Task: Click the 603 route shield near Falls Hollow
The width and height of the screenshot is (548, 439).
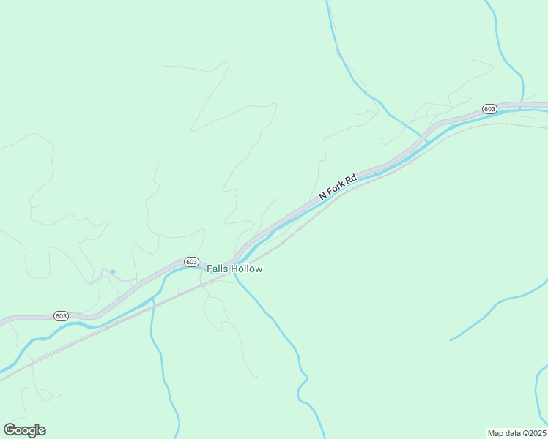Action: coord(190,262)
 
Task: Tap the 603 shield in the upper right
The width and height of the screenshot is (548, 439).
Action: coord(490,109)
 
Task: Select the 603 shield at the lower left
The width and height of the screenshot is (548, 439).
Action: coord(61,316)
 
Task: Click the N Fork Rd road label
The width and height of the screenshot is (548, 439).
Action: coord(338,187)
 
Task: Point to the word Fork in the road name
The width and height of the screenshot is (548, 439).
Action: coord(336,188)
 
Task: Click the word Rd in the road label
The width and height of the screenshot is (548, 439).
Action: coord(351,178)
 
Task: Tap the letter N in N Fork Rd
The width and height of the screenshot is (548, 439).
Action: coord(322,198)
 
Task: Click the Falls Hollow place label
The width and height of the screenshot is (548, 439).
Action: coord(234,269)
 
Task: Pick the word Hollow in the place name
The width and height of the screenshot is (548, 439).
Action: coord(247,269)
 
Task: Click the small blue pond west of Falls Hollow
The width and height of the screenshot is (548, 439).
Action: coord(112,272)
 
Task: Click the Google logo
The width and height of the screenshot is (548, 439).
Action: coord(24,430)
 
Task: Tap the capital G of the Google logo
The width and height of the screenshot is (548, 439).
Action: coord(10,430)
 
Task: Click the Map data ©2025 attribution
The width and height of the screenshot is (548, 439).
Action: coord(516,432)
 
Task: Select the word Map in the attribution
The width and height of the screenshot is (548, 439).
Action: coord(496,432)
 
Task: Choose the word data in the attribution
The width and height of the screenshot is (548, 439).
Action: coord(512,432)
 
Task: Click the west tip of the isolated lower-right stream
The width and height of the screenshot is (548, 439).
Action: coord(451,340)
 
